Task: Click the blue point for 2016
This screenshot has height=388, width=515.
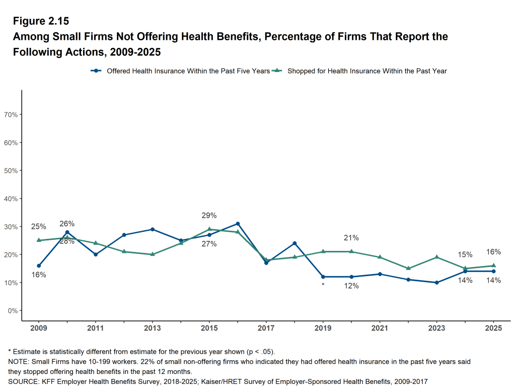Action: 238,224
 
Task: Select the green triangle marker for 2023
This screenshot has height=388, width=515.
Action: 436,257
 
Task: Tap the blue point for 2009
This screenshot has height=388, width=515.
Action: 39,266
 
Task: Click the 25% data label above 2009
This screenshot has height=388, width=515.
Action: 39,227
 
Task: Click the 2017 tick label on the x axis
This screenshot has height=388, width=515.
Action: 266,328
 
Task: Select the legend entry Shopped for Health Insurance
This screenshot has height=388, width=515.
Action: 366,71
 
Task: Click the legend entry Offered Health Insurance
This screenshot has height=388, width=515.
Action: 188,71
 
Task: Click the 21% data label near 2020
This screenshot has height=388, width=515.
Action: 351,238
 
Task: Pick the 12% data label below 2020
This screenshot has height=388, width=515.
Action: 351,286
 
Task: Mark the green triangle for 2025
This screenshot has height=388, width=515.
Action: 493,266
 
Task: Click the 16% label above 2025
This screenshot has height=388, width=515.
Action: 493,252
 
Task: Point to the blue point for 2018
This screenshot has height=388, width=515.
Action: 295,243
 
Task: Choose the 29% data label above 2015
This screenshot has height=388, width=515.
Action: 209,216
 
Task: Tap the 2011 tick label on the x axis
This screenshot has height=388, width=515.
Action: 96,328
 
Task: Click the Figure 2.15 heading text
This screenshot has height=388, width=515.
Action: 41,21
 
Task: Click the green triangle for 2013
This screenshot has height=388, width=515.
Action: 153,254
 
